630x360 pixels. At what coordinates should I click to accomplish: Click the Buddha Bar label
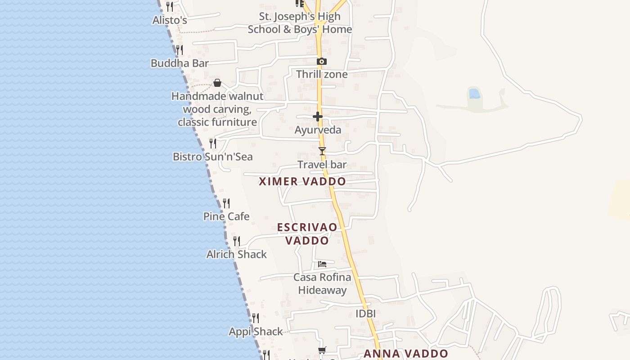tap(180, 63)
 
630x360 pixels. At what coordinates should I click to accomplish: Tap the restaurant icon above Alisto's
tap(170, 7)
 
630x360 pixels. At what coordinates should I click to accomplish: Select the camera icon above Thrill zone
tap(321, 61)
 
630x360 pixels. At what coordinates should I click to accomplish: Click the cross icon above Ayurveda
tap(318, 117)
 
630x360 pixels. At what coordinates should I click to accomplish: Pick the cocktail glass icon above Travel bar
tap(322, 151)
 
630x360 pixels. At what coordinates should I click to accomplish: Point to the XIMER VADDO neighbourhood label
tap(302, 181)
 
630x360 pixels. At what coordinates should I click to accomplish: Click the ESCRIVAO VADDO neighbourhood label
tap(307, 234)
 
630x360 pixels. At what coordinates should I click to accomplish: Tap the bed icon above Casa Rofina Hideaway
tap(322, 264)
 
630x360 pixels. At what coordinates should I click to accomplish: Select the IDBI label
tap(365, 314)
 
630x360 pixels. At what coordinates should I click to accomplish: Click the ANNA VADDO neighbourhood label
tap(406, 354)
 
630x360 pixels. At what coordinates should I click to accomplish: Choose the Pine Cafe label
tap(226, 216)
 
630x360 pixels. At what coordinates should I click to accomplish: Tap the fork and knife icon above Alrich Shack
tap(237, 241)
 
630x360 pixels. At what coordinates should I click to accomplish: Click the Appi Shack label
tap(256, 332)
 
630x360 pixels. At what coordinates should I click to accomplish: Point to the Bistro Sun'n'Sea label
tap(213, 157)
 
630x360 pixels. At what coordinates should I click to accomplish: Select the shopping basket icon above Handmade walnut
tap(217, 83)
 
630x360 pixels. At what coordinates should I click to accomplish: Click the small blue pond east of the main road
tap(474, 94)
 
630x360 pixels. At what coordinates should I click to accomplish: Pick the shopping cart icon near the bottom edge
tap(322, 350)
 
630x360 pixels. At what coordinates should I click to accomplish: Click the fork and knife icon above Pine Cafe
tap(226, 203)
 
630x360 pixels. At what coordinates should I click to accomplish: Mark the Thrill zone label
tap(322, 74)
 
